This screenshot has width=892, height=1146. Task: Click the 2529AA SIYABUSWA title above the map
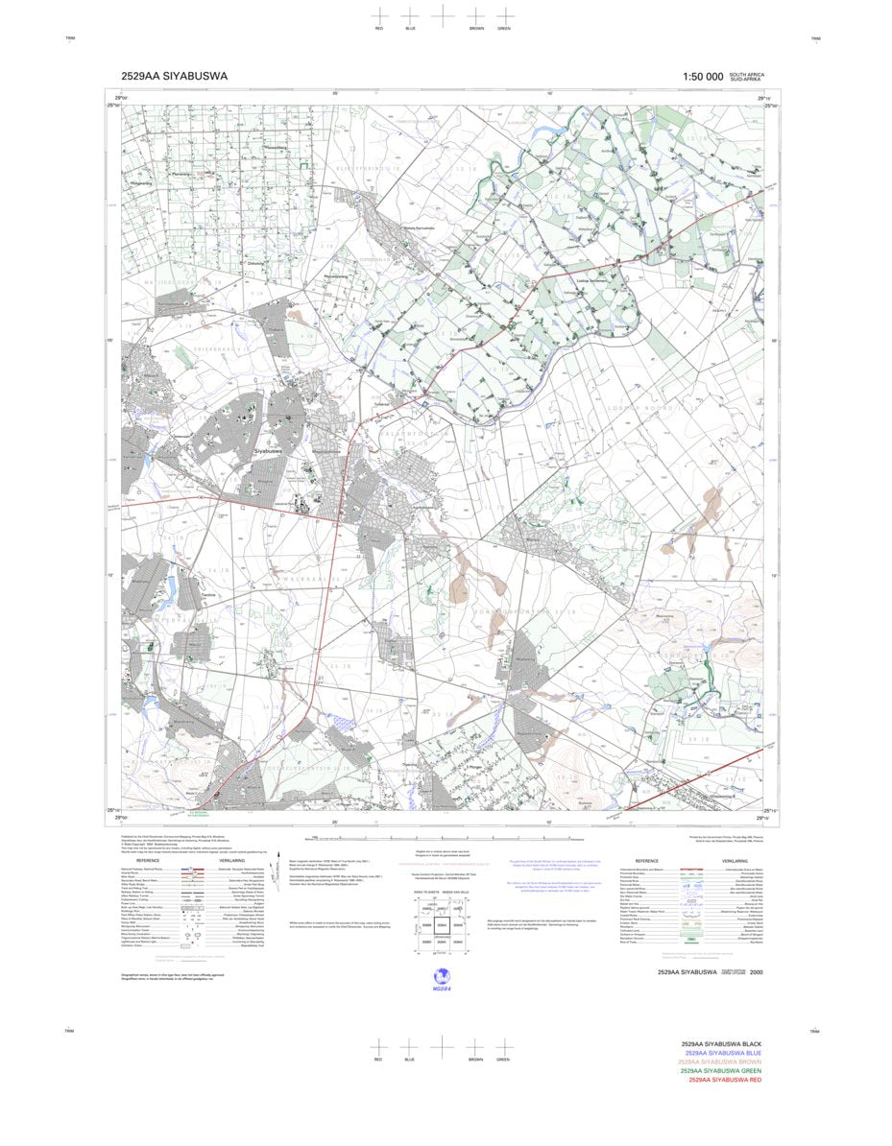click(175, 77)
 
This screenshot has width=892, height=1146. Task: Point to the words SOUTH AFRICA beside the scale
click(747, 74)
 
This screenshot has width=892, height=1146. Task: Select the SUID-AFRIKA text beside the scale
click(746, 79)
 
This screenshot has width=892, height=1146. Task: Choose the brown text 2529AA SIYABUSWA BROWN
click(719, 1062)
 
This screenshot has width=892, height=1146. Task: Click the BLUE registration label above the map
click(410, 29)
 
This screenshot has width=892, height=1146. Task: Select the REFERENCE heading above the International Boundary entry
click(640, 861)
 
